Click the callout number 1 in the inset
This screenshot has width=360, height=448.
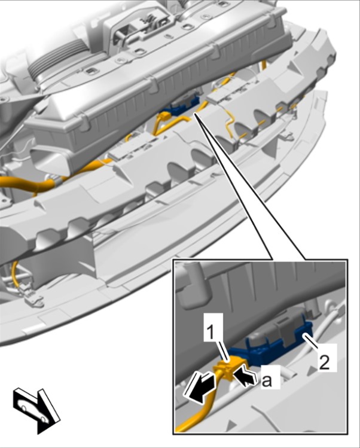click(210, 333)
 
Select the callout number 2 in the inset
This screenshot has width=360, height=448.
click(324, 362)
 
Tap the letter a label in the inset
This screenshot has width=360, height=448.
click(266, 380)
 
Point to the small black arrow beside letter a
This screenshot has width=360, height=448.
click(243, 377)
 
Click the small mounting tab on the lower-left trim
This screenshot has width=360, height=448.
click(34, 300)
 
